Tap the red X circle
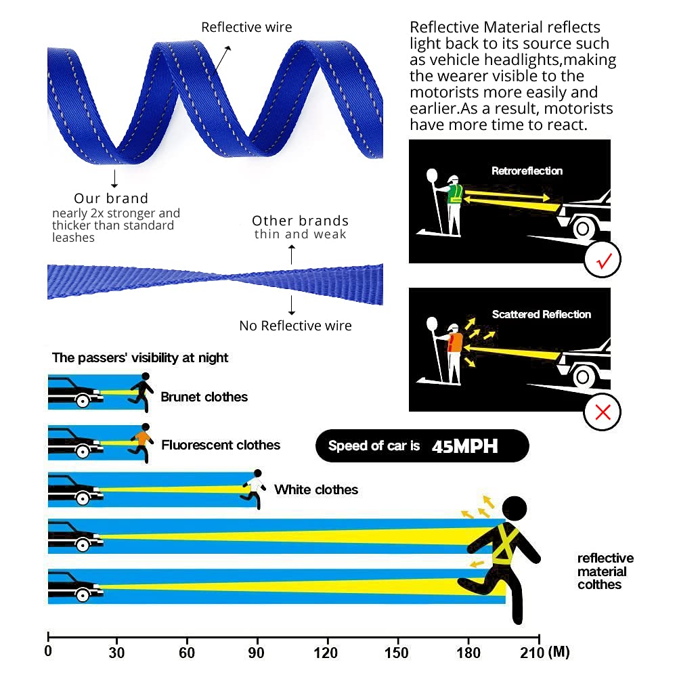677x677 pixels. (603, 410)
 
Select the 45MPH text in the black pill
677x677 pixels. (464, 446)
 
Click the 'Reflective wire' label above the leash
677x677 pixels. (246, 28)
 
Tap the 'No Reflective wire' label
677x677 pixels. (295, 326)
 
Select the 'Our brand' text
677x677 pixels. (111, 198)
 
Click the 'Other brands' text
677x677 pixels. (300, 221)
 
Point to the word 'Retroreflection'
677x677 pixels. (527, 171)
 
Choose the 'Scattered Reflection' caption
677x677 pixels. (542, 314)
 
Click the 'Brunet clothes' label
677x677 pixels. (204, 397)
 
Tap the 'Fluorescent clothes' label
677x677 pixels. (221, 445)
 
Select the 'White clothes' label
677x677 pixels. (316, 489)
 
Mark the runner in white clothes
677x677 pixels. (254, 487)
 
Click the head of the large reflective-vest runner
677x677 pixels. (515, 509)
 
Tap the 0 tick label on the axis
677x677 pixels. (48, 653)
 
